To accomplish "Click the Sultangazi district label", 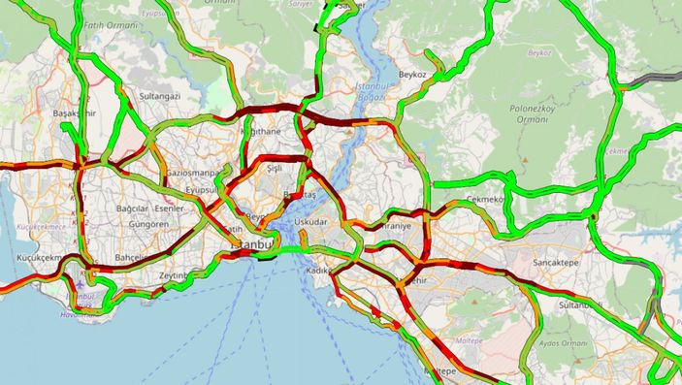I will coord(160,97).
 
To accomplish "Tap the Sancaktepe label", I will coord(562,263).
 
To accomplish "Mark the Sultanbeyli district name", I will coord(582,305).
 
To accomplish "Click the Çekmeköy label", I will coord(486,199).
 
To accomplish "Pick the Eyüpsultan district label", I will coord(206,191).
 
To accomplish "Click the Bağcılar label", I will coord(132,209).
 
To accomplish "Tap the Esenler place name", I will coord(169,209).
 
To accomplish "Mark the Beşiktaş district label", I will coord(298,196).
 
